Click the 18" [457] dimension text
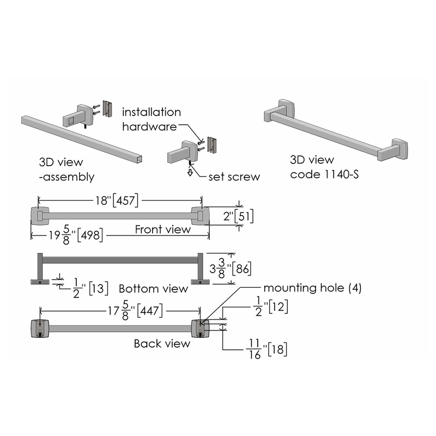(117, 200)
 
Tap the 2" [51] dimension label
(238, 216)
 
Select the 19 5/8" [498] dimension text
(76, 235)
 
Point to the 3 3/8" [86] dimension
(231, 269)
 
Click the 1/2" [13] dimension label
(90, 288)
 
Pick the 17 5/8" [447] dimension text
(135, 311)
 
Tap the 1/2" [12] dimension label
(271, 307)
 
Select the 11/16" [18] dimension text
(267, 349)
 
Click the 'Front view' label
(162, 229)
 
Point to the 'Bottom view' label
(153, 289)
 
